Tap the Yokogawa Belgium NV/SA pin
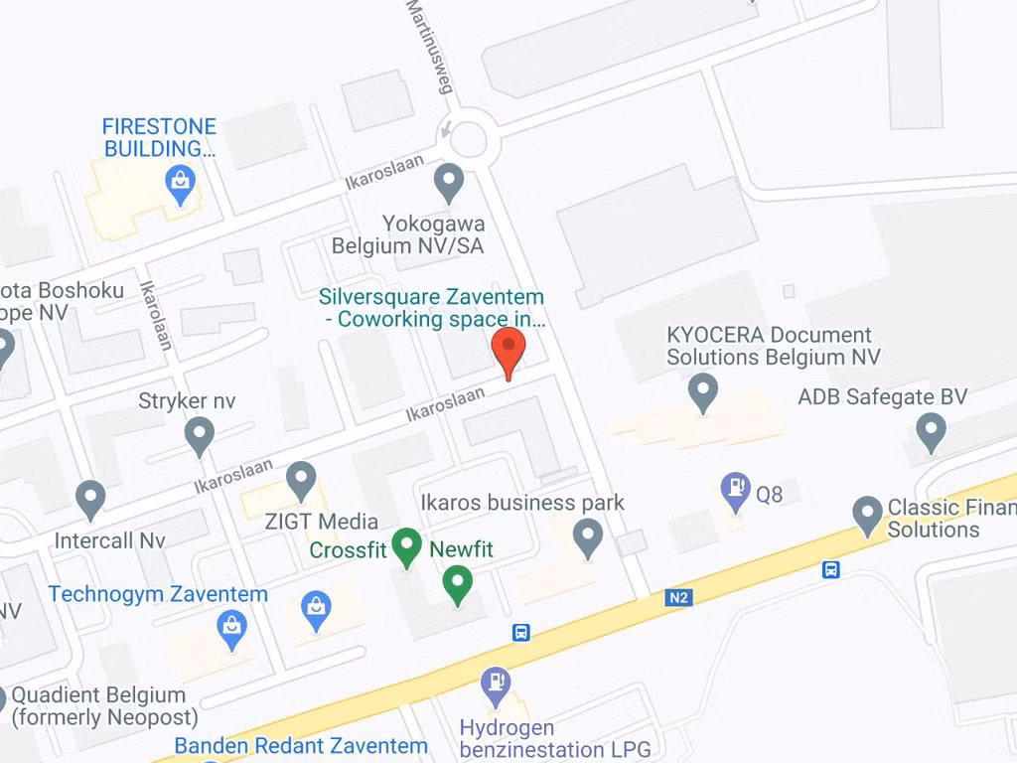[x=450, y=183]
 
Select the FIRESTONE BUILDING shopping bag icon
[x=180, y=184]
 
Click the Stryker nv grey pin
[x=200, y=435]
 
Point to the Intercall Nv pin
[x=90, y=499]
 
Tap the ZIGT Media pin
[x=301, y=481]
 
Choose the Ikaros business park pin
[x=588, y=538]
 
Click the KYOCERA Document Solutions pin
[x=703, y=391]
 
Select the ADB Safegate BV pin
[x=931, y=432]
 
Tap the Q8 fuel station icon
[x=735, y=491]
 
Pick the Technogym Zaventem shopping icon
[x=231, y=629]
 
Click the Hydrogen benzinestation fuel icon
[x=495, y=685]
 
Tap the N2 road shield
[x=678, y=597]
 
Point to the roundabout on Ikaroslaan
[x=469, y=139]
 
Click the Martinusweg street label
[x=430, y=45]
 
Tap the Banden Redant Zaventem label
[x=301, y=745]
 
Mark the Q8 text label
[x=770, y=493]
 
